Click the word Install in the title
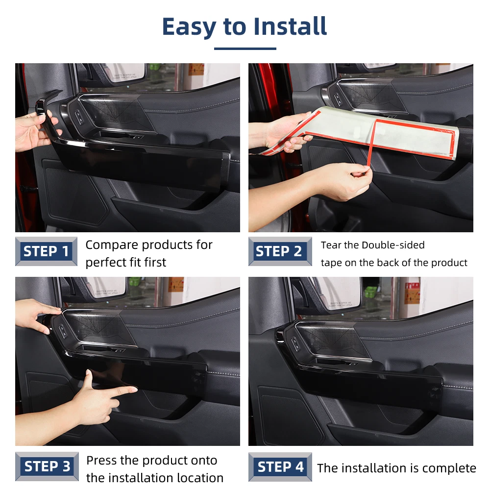pyautogui.click(x=290, y=26)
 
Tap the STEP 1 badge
pyautogui.click(x=46, y=251)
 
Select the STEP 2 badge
pyautogui.click(x=280, y=251)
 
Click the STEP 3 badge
pyautogui.click(x=47, y=466)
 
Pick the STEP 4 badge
pyautogui.click(x=280, y=466)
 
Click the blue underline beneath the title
pyautogui.click(x=245, y=49)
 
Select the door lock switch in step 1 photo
pyautogui.click(x=79, y=117)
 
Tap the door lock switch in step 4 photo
pyautogui.click(x=295, y=344)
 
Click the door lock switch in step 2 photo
pyautogui.click(x=338, y=99)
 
